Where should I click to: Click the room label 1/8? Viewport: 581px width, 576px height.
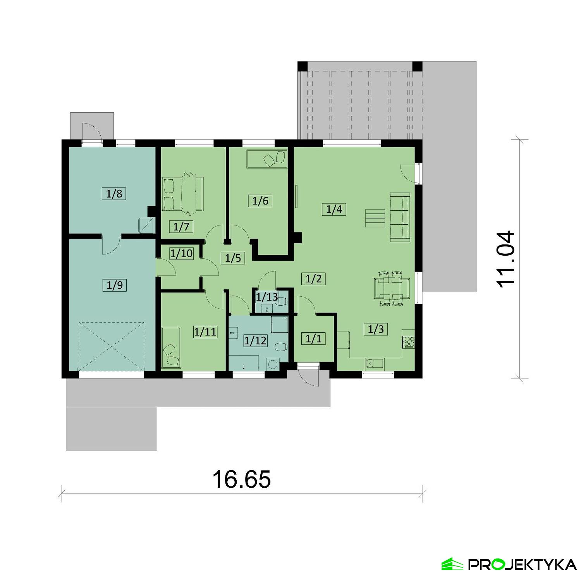click(115, 193)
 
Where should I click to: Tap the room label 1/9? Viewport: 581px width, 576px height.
click(115, 285)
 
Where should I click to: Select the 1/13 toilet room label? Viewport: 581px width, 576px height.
click(267, 297)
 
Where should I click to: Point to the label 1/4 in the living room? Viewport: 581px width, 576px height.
click(334, 210)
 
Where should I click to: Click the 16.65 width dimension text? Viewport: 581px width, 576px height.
click(241, 480)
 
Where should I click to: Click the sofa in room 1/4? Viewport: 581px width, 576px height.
click(400, 217)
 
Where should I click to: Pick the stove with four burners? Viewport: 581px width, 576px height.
click(409, 341)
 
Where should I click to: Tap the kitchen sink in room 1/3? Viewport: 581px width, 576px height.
click(374, 363)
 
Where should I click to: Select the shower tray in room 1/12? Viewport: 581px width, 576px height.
click(279, 324)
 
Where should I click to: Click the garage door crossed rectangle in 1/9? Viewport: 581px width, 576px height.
click(111, 346)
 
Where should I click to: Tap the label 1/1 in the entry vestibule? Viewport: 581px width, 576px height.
click(313, 339)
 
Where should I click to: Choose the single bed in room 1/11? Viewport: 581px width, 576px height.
click(171, 347)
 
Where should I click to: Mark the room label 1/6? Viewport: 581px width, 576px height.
click(260, 201)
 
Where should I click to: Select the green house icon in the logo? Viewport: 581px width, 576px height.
click(452, 564)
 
